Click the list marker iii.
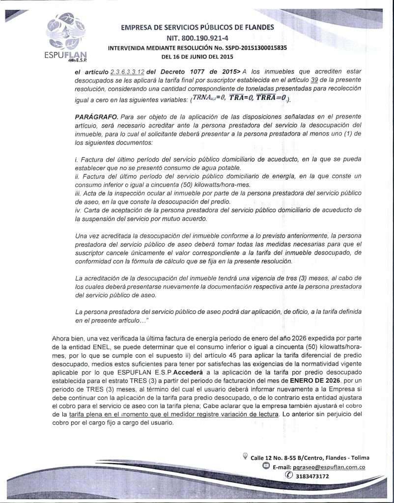78,194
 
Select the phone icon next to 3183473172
288,476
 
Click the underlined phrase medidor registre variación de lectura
220,414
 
